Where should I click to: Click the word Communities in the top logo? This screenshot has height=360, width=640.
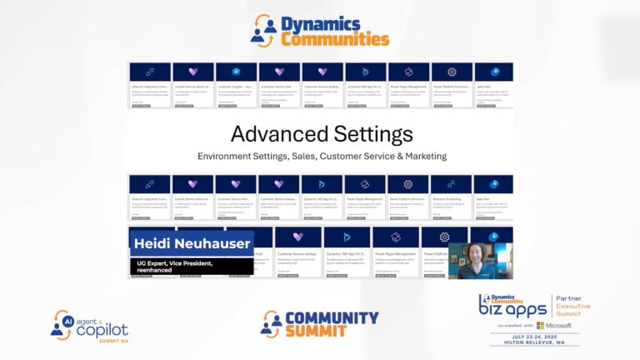(335, 38)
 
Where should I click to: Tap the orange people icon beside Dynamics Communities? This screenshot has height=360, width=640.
(265, 30)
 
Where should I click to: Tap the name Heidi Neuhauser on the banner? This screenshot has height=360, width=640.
(192, 243)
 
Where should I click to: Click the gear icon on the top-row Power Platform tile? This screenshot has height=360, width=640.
(452, 72)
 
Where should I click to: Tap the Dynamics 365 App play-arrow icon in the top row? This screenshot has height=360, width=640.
(365, 72)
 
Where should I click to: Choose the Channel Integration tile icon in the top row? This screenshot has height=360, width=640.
(150, 72)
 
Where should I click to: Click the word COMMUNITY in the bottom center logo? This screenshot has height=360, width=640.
(332, 318)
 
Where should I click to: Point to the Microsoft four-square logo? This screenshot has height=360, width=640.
(542, 325)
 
